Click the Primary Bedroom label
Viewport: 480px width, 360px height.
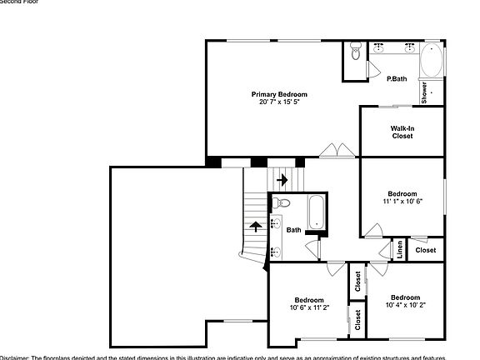(x=279, y=94)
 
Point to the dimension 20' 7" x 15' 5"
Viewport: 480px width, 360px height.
(x=279, y=102)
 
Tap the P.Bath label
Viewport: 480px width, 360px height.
(x=396, y=78)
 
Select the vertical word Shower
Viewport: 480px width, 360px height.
(x=424, y=92)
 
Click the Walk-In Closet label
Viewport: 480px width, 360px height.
(x=402, y=132)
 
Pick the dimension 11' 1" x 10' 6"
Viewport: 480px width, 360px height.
(x=402, y=201)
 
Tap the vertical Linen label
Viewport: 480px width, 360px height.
(x=400, y=248)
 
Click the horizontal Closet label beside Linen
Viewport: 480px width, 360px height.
(x=425, y=250)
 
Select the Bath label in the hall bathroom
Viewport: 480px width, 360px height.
(x=294, y=230)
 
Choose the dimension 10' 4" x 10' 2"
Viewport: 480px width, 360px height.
(x=405, y=305)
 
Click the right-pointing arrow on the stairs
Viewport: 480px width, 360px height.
(x=282, y=178)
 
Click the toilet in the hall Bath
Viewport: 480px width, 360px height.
(x=282, y=202)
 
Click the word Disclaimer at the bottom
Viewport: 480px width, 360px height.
(x=14, y=356)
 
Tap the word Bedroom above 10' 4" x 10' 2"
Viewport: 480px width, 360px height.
(x=405, y=297)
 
